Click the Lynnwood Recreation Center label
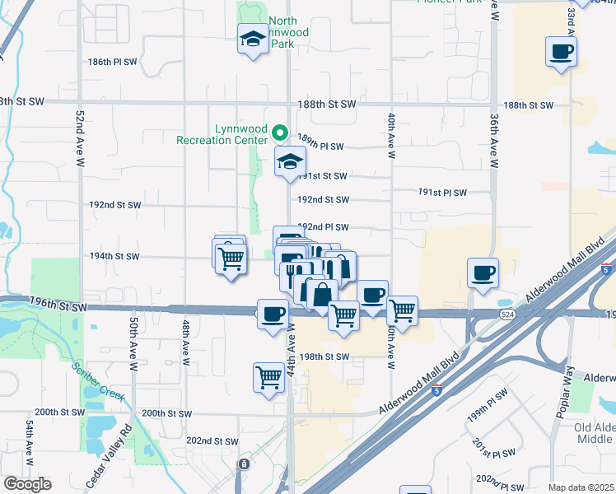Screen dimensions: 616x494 (225, 134)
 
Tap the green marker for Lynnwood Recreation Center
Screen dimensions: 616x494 (279, 132)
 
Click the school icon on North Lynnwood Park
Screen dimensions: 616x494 (253, 38)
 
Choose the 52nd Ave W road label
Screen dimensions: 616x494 (80, 139)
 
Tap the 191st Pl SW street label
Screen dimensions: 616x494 (442, 193)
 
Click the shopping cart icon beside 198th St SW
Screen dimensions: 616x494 (269, 378)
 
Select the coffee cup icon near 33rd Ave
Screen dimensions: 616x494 (561, 52)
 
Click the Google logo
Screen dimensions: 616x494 (27, 484)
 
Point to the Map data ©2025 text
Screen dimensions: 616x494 (581, 487)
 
